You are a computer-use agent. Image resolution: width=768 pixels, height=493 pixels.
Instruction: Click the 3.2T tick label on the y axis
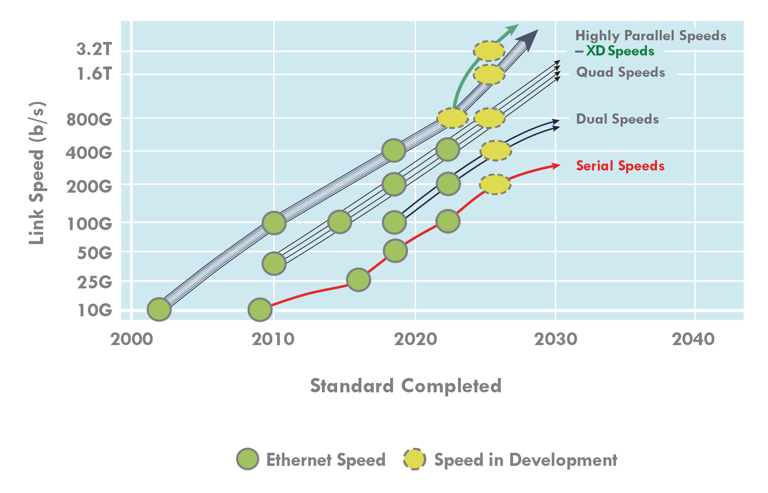coord(94,50)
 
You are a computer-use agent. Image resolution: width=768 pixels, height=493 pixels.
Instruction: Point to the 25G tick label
coord(95,282)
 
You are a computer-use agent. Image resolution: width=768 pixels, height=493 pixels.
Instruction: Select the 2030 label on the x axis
coord(555,339)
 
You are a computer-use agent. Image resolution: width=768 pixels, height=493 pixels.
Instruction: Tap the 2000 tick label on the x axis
coord(132,339)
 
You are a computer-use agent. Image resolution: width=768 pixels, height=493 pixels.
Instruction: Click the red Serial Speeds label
coord(620,166)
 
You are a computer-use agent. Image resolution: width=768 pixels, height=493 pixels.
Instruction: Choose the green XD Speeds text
coord(620,51)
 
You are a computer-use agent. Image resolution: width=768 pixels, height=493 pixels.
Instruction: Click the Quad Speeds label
coord(620,73)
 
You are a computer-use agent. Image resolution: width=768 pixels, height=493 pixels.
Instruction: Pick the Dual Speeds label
coord(617,119)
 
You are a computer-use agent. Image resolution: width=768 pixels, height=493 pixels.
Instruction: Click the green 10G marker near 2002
coord(159,309)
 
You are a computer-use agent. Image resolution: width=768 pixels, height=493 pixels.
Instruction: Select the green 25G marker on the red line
coord(359,280)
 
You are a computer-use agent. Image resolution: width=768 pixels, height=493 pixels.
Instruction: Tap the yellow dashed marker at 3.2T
coord(489,51)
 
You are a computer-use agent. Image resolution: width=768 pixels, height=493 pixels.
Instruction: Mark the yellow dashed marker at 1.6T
coord(489,75)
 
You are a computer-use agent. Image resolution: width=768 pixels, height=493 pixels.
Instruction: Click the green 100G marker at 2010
coord(274,223)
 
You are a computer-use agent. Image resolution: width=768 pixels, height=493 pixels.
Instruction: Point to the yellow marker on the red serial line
coord(495,184)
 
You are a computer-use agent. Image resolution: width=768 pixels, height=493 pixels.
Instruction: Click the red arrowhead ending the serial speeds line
coord(556,166)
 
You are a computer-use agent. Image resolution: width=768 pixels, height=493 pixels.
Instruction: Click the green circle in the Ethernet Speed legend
coord(248,459)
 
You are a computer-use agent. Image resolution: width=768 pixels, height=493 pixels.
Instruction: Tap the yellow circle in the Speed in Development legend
coord(414,459)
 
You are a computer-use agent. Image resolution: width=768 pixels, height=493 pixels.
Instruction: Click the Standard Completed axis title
coord(405,386)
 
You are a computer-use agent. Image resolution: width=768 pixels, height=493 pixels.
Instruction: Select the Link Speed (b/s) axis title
coord(37,173)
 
